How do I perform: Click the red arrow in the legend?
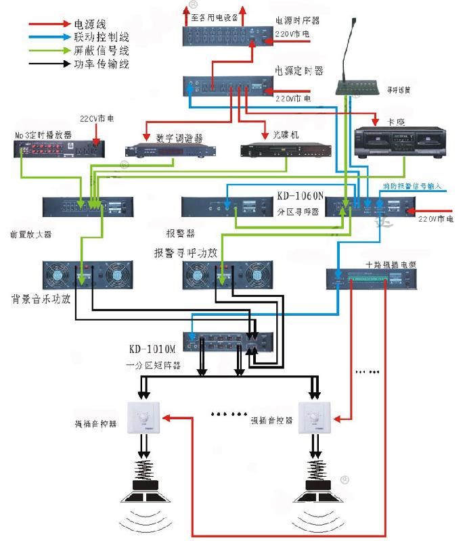[x=50, y=24]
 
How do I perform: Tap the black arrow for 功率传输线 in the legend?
[x=50, y=65]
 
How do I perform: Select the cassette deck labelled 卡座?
[x=393, y=142]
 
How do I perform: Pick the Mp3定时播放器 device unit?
[x=57, y=145]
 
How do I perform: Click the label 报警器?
[x=181, y=233]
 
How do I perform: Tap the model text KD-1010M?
[x=152, y=350]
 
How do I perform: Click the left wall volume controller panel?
[x=145, y=419]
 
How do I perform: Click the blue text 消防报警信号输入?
[x=412, y=185]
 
